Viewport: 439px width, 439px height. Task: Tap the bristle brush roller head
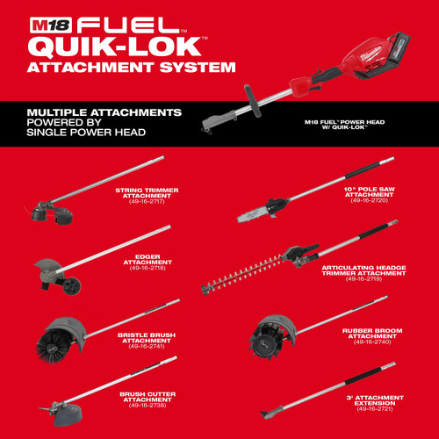[61, 334]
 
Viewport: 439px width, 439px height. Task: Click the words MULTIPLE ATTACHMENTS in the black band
[104, 113]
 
